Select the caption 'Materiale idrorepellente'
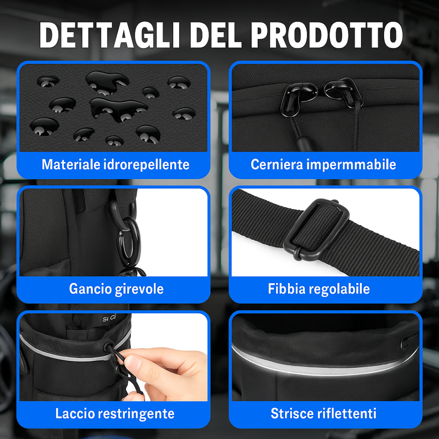(115, 165)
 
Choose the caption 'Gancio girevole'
(116, 289)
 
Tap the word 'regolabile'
(339, 289)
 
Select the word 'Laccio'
(75, 413)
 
